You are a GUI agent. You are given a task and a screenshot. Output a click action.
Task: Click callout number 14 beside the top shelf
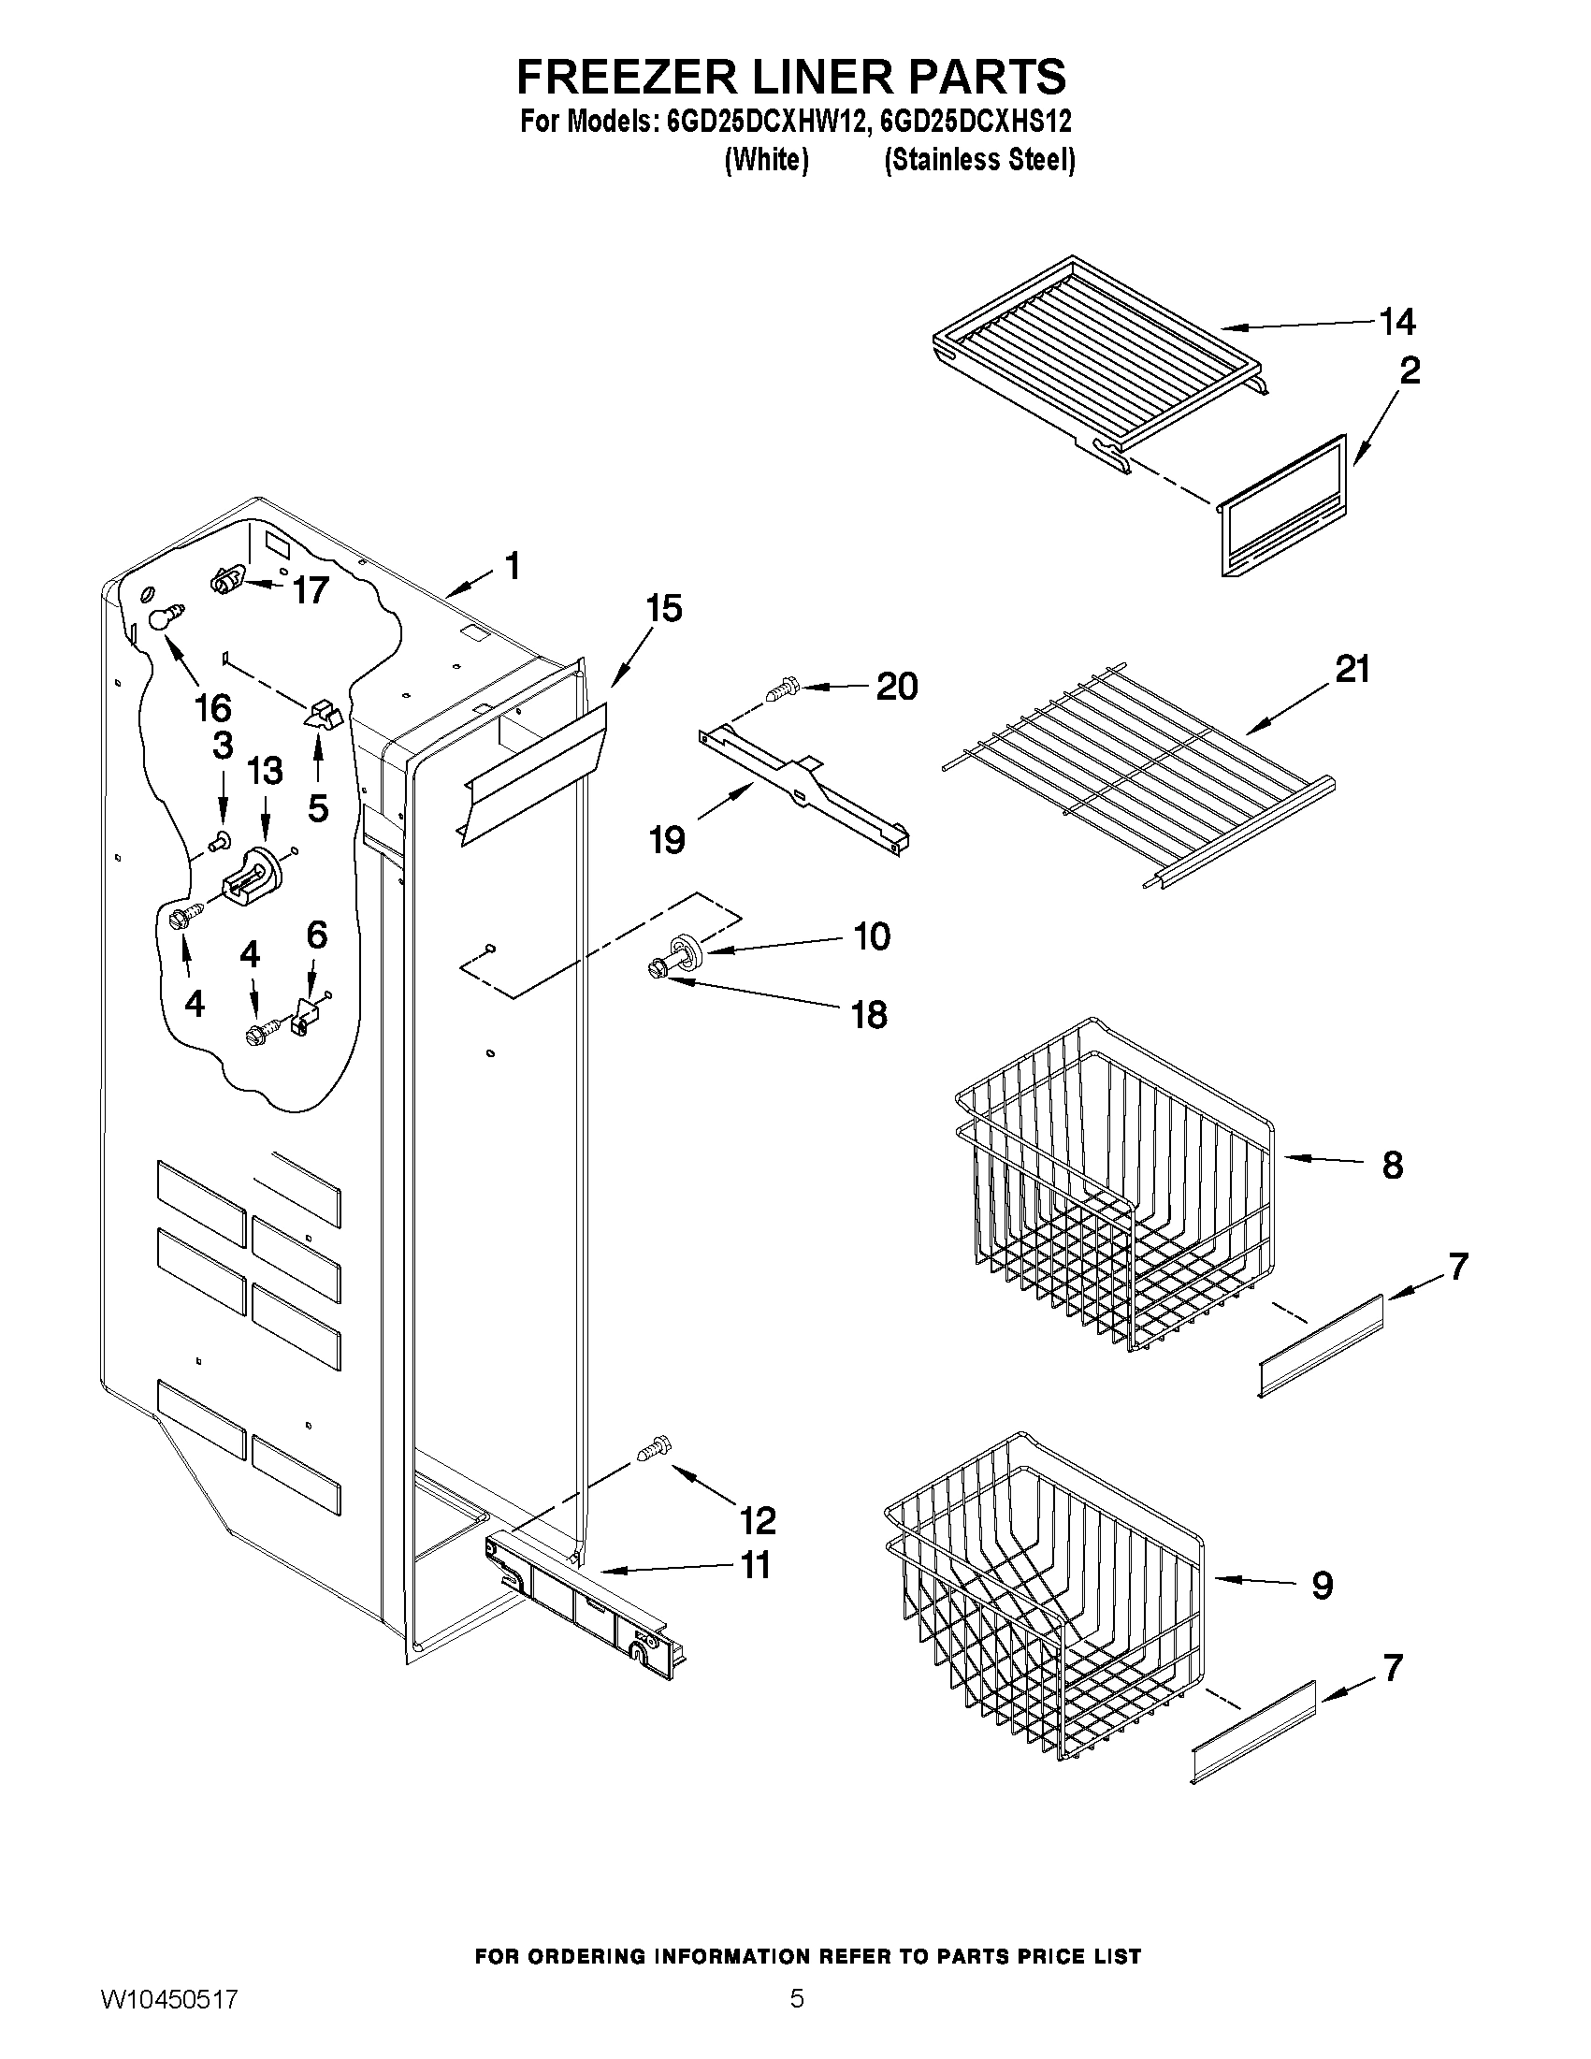(1396, 323)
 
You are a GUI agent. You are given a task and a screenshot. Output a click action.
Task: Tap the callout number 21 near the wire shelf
(1352, 670)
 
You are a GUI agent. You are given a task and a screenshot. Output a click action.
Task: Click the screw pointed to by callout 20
(781, 690)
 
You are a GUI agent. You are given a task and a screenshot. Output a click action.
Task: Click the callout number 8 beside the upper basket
(1392, 1166)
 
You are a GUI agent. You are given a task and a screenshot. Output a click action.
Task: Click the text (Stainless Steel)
(979, 160)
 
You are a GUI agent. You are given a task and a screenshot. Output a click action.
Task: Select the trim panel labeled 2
(1283, 508)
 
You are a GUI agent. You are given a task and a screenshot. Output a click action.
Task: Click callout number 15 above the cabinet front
(663, 609)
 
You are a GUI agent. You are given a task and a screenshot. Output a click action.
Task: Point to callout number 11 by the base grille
(756, 1566)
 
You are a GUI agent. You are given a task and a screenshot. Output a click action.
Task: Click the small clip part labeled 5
(321, 716)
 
